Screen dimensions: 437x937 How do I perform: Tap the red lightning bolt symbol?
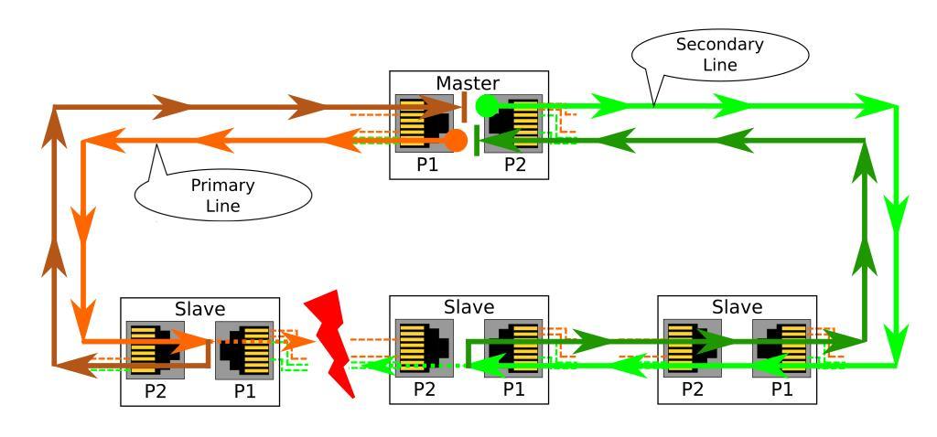336,344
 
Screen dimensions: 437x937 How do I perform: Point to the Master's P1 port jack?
424,122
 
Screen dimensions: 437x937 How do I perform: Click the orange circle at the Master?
456,140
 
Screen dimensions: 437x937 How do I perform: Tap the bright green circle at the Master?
486,103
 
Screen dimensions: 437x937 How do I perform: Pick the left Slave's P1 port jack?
243,350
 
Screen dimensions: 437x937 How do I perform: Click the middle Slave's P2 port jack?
424,349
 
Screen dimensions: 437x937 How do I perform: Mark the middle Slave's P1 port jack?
512,349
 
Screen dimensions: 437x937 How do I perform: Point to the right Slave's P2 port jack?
693,349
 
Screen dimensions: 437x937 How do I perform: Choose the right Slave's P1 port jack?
781,349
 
